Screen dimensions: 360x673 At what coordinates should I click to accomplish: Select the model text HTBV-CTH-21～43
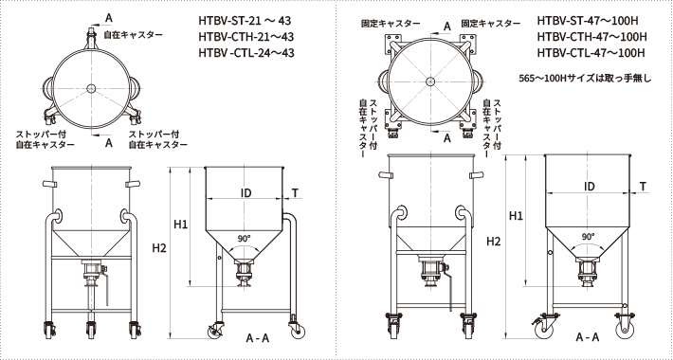click(x=245, y=37)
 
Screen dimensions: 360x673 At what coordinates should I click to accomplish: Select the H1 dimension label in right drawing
click(x=517, y=215)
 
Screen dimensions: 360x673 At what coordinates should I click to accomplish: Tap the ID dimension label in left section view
click(x=246, y=192)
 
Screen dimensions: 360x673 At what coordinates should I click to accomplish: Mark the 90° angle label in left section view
click(x=245, y=239)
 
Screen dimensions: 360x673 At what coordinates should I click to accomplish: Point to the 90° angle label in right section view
click(x=589, y=237)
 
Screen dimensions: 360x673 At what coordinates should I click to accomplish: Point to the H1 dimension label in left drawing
click(x=181, y=225)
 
